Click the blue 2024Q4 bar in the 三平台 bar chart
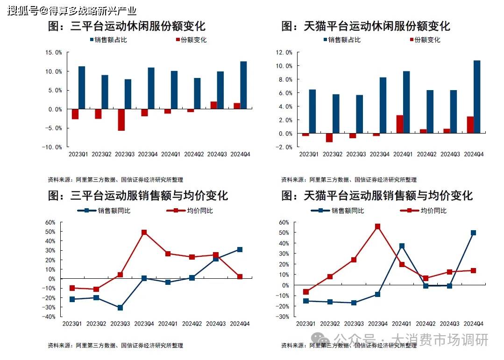pyautogui.click(x=243, y=85)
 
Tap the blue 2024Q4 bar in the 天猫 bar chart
pyautogui.click(x=476, y=97)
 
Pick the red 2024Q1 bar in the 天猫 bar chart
pyautogui.click(x=400, y=124)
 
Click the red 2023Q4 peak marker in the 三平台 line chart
pyautogui.click(x=144, y=232)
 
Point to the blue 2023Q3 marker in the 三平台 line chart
pyautogui.click(x=121, y=308)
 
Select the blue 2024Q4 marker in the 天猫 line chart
pyautogui.click(x=473, y=233)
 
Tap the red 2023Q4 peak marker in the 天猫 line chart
pyautogui.click(x=377, y=226)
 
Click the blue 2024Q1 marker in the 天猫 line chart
pyautogui.click(x=402, y=246)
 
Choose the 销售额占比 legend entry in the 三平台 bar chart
pyautogui.click(x=107, y=40)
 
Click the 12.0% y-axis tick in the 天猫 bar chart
pyautogui.click(x=284, y=52)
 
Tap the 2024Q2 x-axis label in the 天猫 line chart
pyautogui.click(x=426, y=323)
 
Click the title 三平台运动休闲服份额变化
pyautogui.click(x=127, y=26)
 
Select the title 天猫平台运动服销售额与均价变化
pyautogui.click(x=377, y=195)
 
